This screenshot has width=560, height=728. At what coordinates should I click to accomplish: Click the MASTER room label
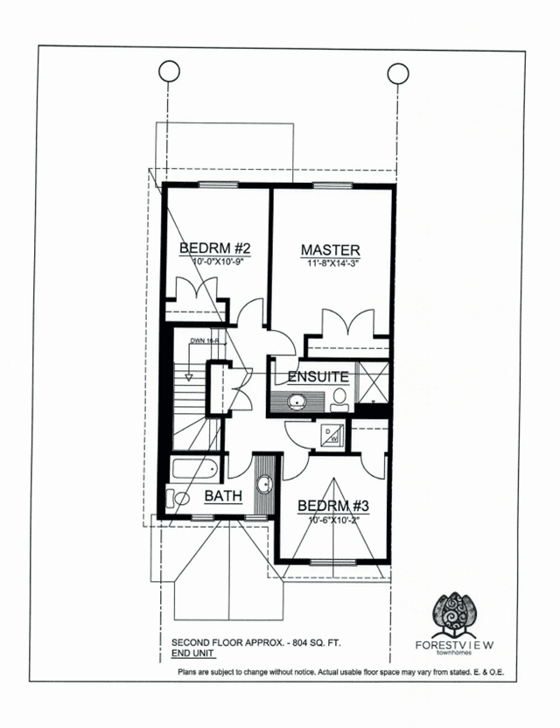point(330,249)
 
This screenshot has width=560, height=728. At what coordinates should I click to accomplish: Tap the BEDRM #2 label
point(215,248)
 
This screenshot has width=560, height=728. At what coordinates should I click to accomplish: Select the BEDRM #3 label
point(333,506)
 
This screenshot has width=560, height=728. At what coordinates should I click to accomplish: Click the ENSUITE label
point(318,376)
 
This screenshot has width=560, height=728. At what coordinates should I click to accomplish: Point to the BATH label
point(223,496)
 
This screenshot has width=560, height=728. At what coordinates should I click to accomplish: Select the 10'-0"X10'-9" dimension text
point(218,262)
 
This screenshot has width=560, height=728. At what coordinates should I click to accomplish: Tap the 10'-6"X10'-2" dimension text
point(334,520)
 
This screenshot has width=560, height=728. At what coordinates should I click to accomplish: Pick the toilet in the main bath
point(178,498)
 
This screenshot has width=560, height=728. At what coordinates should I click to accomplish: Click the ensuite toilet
point(339,400)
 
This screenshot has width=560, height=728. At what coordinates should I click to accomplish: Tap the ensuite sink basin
point(296,401)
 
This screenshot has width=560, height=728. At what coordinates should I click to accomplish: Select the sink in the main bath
point(265,485)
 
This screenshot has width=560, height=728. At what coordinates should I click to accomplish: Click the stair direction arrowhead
point(188,378)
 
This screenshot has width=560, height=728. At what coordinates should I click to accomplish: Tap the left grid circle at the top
point(169,72)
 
